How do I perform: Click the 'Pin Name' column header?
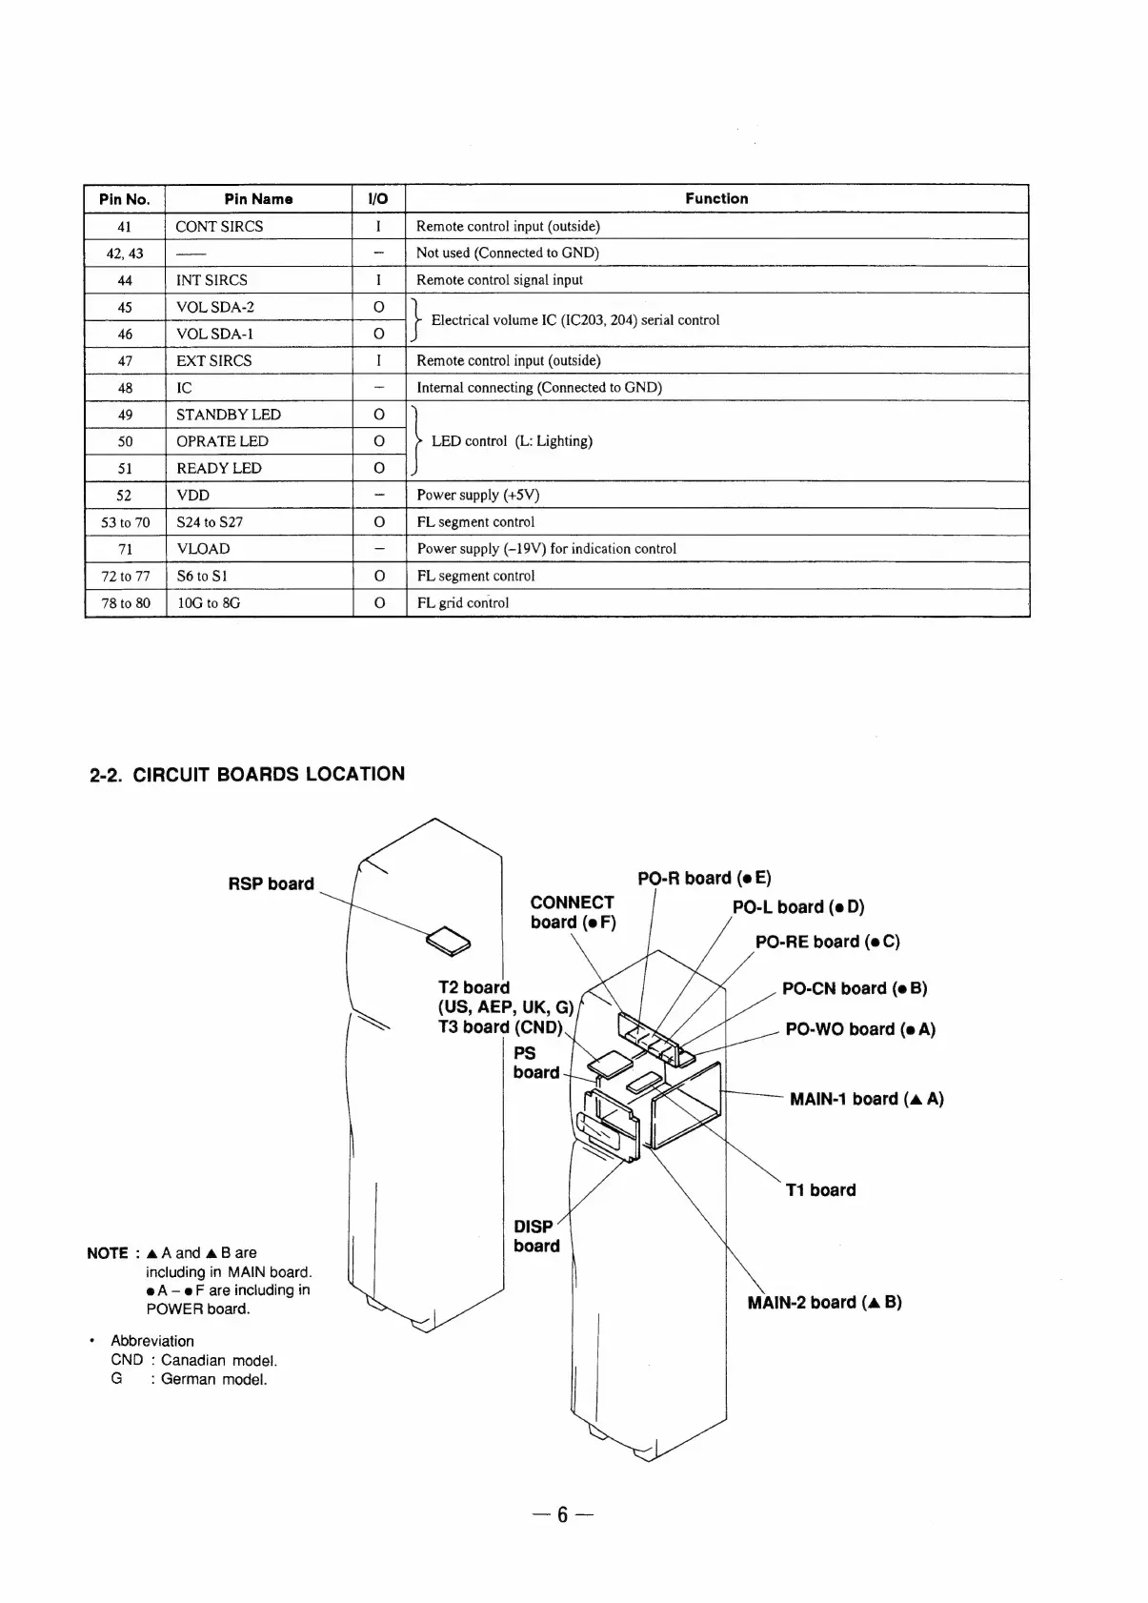pyautogui.click(x=258, y=199)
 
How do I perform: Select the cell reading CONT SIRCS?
pyautogui.click(x=219, y=226)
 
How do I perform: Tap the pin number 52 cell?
pyautogui.click(x=124, y=496)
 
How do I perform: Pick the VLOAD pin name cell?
pyautogui.click(x=203, y=549)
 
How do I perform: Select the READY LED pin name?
pyautogui.click(x=218, y=468)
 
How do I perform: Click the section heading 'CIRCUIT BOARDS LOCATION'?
pyautogui.click(x=268, y=774)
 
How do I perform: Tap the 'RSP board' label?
pyautogui.click(x=271, y=883)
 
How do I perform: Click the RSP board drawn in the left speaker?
pyautogui.click(x=447, y=940)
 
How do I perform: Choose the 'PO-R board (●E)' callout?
pyautogui.click(x=704, y=878)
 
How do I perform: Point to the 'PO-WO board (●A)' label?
pyautogui.click(x=860, y=1029)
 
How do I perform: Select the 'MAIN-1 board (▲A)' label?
pyautogui.click(x=867, y=1099)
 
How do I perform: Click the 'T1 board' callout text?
pyautogui.click(x=820, y=1189)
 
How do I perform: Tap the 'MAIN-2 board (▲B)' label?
pyautogui.click(x=824, y=1302)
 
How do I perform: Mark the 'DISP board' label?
pyautogui.click(x=536, y=1236)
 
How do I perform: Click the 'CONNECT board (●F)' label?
pyautogui.click(x=573, y=912)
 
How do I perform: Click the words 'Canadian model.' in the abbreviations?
pyautogui.click(x=218, y=1360)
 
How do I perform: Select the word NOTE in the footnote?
pyautogui.click(x=107, y=1253)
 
